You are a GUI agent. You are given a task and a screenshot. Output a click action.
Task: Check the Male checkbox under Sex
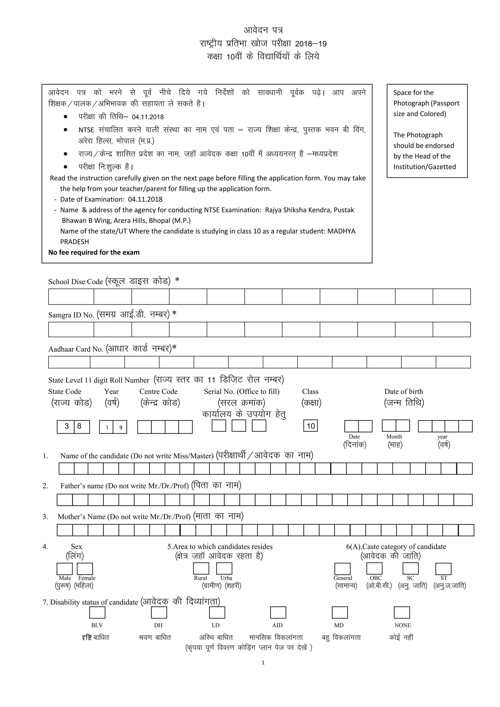click(64, 568)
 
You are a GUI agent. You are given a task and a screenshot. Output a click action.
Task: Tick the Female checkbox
click(85, 568)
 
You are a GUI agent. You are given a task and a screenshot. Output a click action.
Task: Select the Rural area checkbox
click(201, 568)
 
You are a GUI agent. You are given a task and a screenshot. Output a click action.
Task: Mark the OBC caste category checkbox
click(374, 568)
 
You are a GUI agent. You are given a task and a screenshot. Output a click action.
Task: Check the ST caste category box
click(443, 568)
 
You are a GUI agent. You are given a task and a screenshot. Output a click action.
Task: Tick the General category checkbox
click(342, 568)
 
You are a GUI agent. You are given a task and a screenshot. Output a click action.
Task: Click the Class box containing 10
click(311, 426)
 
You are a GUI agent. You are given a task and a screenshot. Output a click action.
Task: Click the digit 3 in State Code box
click(67, 426)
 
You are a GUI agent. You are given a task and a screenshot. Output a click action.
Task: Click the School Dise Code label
click(75, 282)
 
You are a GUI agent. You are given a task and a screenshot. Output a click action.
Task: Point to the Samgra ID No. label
click(71, 315)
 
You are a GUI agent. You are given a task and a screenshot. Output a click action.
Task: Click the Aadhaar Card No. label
click(75, 349)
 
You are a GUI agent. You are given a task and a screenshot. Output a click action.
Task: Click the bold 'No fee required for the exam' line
click(94, 253)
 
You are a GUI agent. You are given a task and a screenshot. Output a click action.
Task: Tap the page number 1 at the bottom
click(263, 662)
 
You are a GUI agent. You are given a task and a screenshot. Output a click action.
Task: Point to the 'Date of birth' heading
click(404, 391)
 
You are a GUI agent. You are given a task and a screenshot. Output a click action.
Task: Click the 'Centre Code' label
click(158, 391)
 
